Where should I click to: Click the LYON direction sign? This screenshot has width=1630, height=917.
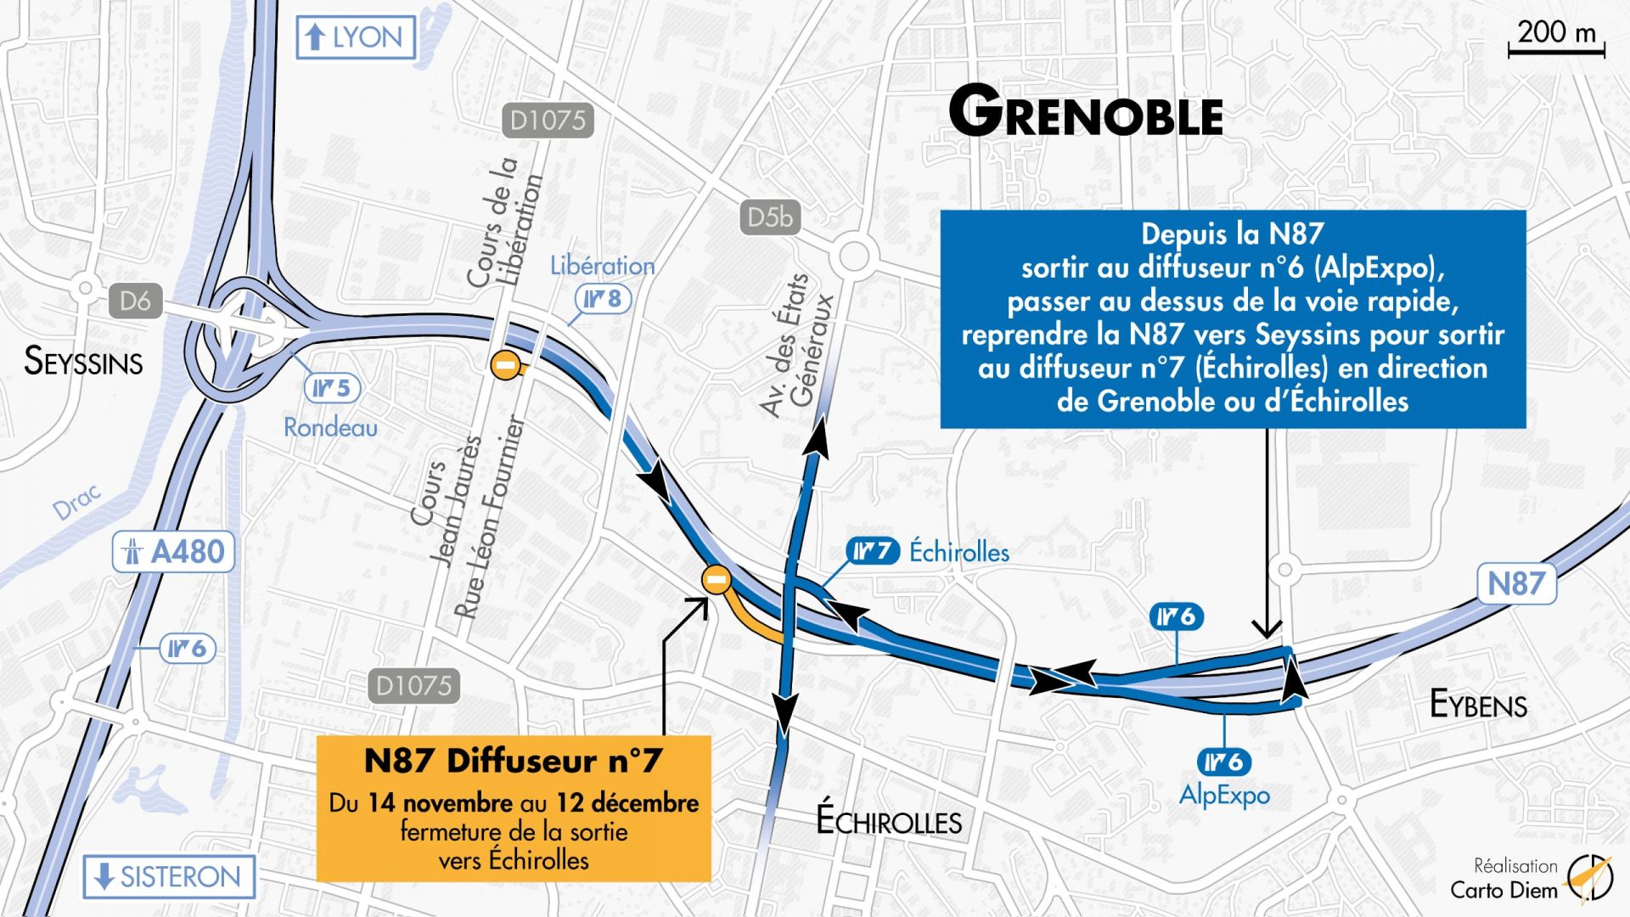pos(356,37)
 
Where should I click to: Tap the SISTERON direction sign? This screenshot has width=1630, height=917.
pos(169,877)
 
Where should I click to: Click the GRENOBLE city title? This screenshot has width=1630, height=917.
pos(1085,113)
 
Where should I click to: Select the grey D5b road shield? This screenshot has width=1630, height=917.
pos(769,218)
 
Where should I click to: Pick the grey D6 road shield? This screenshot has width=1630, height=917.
pos(135,301)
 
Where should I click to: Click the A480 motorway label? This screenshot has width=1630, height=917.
pos(173,552)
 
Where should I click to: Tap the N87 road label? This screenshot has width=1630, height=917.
pos(1516,583)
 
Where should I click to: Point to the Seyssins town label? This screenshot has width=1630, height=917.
pos(83,362)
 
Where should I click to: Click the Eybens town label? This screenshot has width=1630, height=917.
pos(1478,705)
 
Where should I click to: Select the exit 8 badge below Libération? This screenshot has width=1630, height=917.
pos(603,299)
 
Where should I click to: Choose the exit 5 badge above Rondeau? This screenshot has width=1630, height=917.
pos(332,388)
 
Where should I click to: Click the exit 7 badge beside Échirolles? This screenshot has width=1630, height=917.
pos(873,551)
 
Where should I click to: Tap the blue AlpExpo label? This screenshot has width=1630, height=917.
pos(1224,795)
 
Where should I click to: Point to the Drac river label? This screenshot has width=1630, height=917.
pos(76,502)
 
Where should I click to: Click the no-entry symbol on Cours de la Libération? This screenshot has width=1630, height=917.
pos(505,365)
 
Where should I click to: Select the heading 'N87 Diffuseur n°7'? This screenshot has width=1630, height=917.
pos(513,761)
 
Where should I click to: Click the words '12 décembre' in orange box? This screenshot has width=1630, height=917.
pos(627,803)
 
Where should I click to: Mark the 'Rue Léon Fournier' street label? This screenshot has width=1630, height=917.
pos(490,517)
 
